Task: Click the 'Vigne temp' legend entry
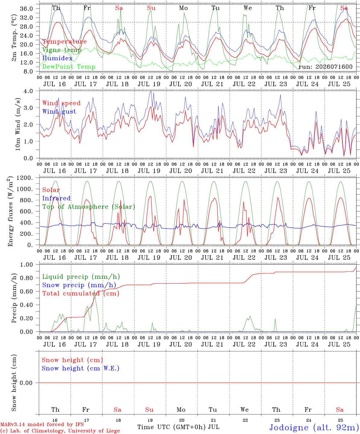point(62,50)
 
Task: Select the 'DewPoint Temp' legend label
point(69,67)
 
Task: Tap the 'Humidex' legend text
point(57,58)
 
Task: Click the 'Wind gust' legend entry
point(59,112)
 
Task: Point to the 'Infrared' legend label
point(56,198)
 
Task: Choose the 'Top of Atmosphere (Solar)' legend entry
point(89,207)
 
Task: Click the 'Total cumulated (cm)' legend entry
point(81,294)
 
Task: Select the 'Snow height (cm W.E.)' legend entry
point(81,368)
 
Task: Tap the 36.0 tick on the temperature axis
point(27,9)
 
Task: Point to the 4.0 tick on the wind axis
point(28,91)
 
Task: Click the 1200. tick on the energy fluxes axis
point(25,178)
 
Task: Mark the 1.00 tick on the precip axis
point(27,265)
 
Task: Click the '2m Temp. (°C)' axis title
point(14,38)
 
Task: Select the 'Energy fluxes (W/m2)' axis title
point(10,211)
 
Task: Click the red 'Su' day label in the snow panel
point(149,410)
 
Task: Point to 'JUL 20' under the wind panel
point(181,171)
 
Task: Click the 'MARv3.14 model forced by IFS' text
point(42,424)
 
